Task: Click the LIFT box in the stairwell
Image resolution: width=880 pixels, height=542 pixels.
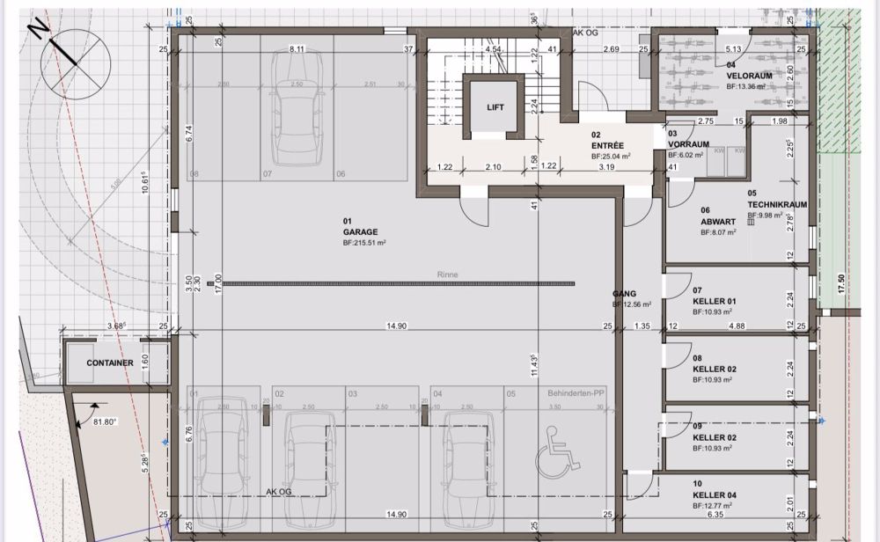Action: click(495, 107)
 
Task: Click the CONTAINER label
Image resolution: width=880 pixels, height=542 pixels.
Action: click(110, 363)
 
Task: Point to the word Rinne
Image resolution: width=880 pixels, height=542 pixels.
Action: click(448, 275)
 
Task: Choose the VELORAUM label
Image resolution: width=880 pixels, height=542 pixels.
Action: click(749, 76)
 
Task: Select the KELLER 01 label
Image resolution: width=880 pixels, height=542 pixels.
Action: click(714, 301)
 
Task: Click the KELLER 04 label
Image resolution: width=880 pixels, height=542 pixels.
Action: click(714, 496)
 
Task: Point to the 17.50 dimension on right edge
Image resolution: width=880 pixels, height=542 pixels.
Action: click(840, 283)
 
